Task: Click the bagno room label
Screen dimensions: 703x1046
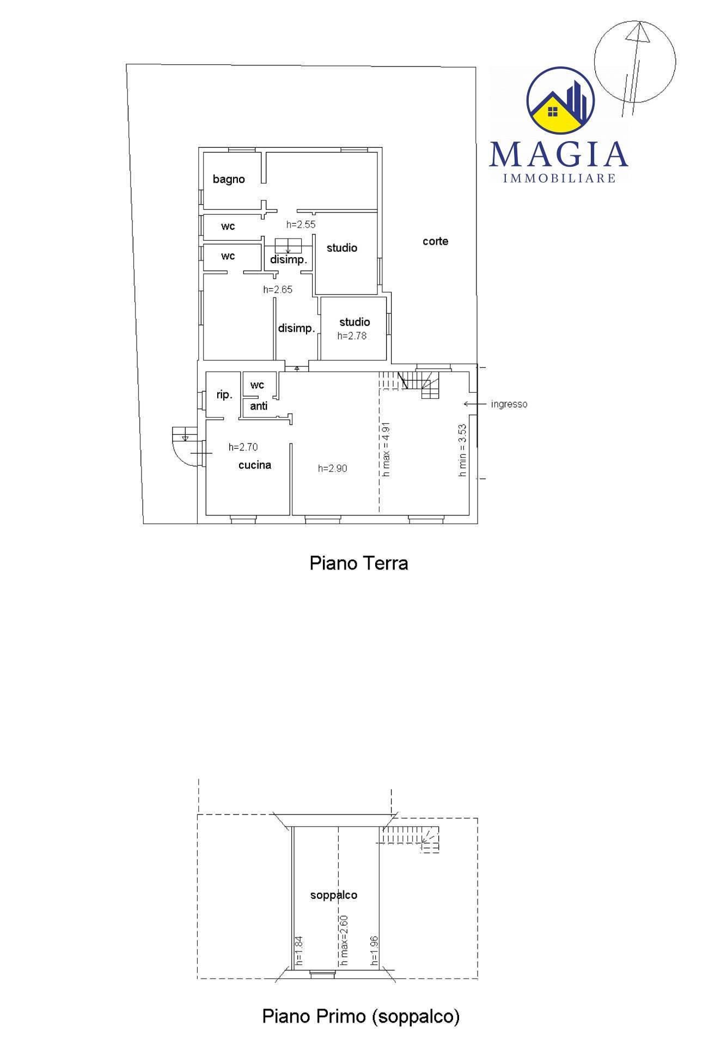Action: [x=229, y=179]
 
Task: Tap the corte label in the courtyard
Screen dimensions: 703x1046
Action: [x=436, y=241]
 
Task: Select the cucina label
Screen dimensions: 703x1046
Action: [x=255, y=465]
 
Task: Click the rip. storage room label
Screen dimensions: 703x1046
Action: [x=224, y=395]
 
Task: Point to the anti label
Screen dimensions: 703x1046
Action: [x=259, y=406]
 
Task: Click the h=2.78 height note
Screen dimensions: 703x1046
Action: [x=352, y=336]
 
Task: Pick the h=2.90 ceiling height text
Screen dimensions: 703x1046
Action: [x=333, y=469]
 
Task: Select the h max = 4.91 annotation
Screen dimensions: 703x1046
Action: [x=386, y=449]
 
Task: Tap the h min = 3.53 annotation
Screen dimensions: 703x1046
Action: [x=462, y=451]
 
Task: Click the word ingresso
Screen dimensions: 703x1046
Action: [x=509, y=405]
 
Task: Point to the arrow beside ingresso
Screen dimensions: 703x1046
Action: [x=475, y=404]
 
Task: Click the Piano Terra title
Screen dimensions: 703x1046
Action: [x=359, y=563]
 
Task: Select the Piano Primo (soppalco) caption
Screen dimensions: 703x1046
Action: [x=361, y=1017]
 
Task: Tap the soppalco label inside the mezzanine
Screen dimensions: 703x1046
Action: [x=334, y=895]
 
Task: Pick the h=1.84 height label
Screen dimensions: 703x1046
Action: [x=299, y=951]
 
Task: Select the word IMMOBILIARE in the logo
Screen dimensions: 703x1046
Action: [x=560, y=178]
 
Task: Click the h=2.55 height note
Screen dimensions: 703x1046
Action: [x=301, y=224]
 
